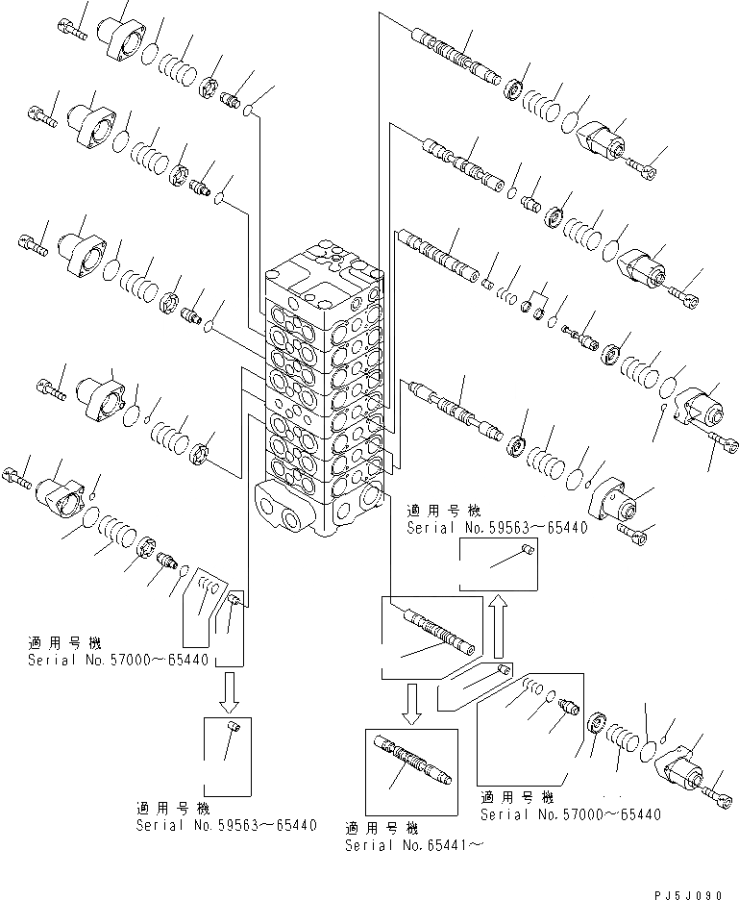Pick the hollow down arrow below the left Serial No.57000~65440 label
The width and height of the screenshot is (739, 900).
pyautogui.click(x=229, y=690)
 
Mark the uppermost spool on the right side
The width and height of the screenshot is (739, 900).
pyautogui.click(x=454, y=57)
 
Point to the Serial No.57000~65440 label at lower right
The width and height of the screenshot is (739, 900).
pyautogui.click(x=571, y=814)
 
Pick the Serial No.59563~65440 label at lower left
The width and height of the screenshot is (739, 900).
pyautogui.click(x=226, y=824)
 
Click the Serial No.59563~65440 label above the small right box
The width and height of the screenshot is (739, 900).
pyautogui.click(x=497, y=528)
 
